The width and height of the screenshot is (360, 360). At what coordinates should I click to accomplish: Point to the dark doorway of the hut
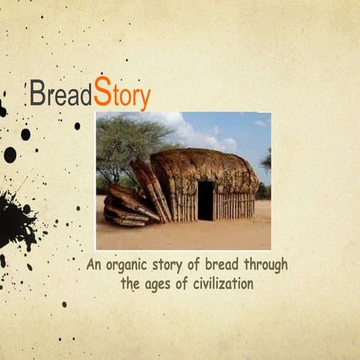(x=205, y=200)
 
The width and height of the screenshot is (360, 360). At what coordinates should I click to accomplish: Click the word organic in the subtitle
(x=133, y=266)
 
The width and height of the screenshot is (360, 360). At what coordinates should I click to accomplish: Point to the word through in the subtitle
(x=262, y=265)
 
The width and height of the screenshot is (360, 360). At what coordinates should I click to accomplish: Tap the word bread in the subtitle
(x=214, y=265)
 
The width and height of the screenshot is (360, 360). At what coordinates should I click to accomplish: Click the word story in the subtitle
(x=174, y=265)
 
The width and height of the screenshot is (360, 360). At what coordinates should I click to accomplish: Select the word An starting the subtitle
(x=94, y=265)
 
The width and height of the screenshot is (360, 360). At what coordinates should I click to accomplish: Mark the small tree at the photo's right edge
(x=266, y=161)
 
